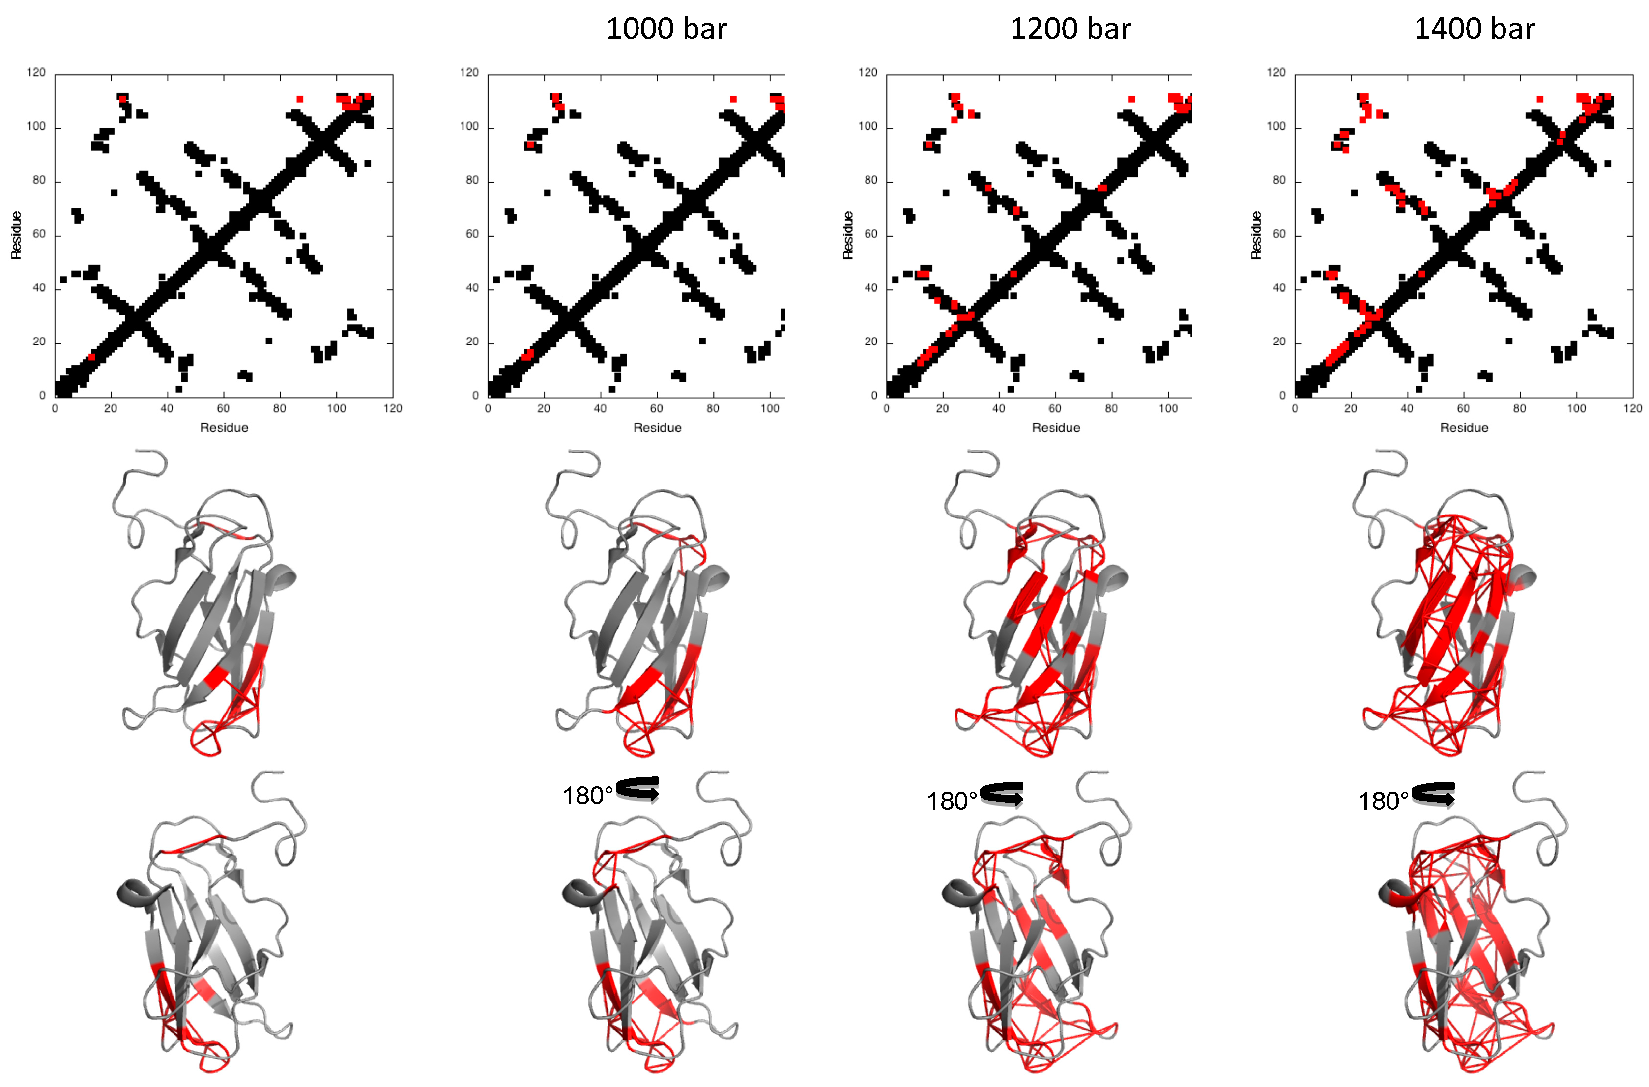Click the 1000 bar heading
point(666,29)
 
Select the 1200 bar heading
point(1070,29)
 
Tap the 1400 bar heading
point(1474,29)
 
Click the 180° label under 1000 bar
point(587,796)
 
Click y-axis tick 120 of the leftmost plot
point(36,73)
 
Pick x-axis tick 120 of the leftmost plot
point(393,408)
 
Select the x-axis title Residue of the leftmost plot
point(224,428)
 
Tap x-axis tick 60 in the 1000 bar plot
point(656,408)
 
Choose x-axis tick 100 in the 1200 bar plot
point(1168,408)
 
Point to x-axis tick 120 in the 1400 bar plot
point(1632,408)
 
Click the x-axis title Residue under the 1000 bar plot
point(657,428)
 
